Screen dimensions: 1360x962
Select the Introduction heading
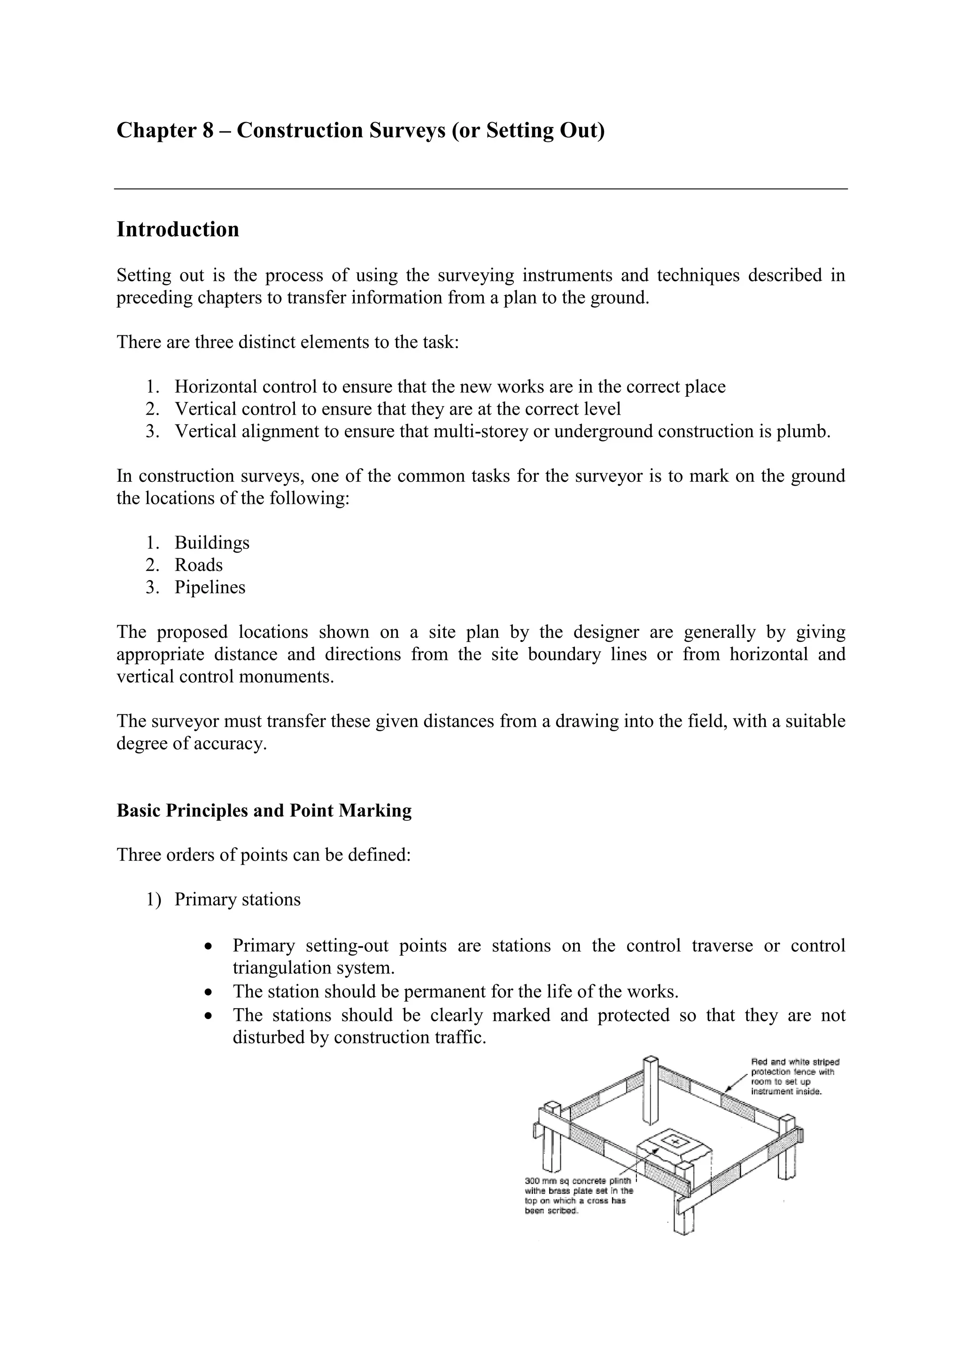pyautogui.click(x=178, y=229)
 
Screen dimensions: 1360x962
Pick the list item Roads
pyautogui.click(x=198, y=565)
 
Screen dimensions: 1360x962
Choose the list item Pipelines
pyautogui.click(x=209, y=587)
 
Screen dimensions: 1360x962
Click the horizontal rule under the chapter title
pyautogui.click(x=481, y=189)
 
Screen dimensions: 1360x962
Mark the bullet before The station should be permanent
pyautogui.click(x=207, y=992)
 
